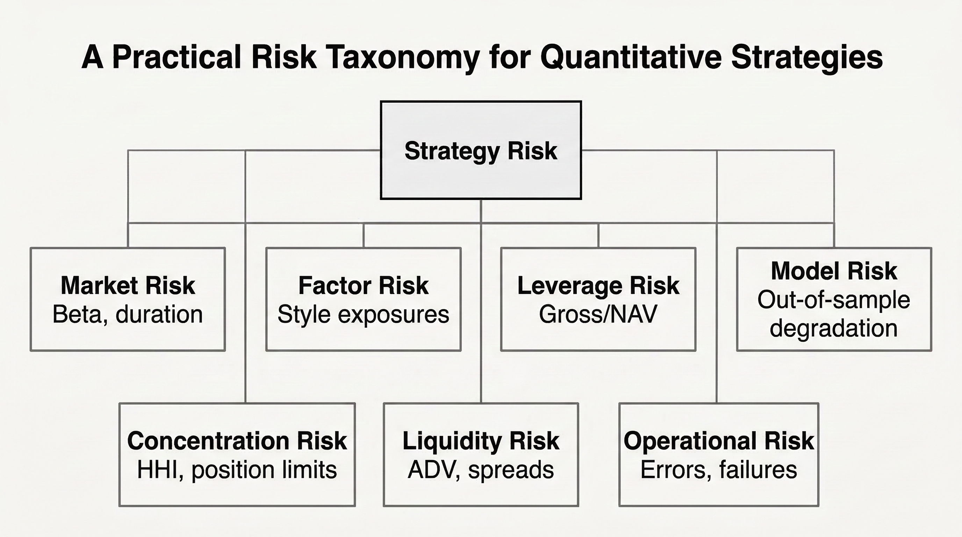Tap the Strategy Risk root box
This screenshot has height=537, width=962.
(x=481, y=150)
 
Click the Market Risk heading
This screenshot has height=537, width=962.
(x=128, y=286)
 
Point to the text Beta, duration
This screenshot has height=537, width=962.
(x=128, y=314)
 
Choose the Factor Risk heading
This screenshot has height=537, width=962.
(x=363, y=286)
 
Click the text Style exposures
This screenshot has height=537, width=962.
(x=363, y=314)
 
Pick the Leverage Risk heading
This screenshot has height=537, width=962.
(x=598, y=286)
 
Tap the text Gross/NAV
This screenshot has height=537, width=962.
(x=598, y=314)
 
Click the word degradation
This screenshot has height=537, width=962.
(x=833, y=329)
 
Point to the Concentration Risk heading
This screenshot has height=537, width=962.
(x=237, y=441)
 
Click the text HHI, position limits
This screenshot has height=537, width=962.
(x=237, y=470)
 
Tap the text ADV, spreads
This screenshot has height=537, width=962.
(x=481, y=470)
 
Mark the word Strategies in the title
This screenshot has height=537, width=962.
(x=807, y=58)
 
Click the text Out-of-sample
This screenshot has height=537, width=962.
(x=833, y=300)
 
